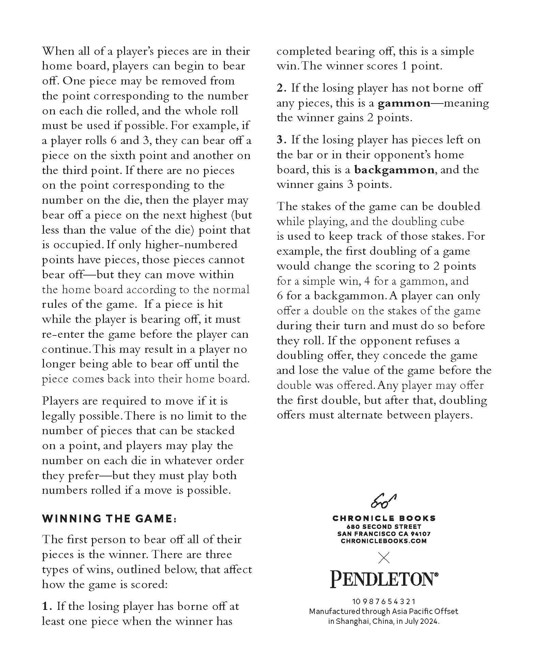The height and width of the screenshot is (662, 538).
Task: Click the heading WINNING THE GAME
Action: (x=109, y=519)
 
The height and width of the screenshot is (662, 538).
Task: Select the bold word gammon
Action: (x=404, y=103)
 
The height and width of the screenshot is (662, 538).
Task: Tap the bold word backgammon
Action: (x=394, y=170)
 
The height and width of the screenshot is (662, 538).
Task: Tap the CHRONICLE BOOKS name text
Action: (x=384, y=518)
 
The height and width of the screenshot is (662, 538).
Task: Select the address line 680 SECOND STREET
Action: (x=384, y=527)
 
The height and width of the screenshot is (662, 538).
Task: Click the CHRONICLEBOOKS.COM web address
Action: (x=384, y=541)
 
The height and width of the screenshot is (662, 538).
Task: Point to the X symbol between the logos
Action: (x=384, y=558)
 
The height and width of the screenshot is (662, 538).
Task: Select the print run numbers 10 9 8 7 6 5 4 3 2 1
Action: (x=384, y=602)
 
